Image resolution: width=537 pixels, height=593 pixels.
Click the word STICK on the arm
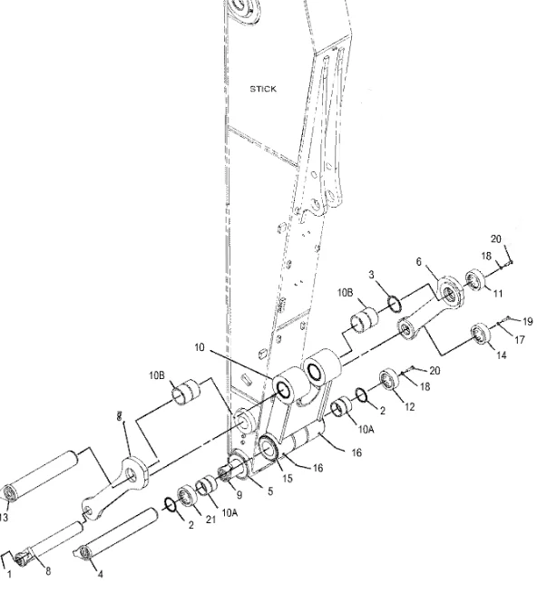[x=262, y=89]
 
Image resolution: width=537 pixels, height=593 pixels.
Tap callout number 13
[x=5, y=518]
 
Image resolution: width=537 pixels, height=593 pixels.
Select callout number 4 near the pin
[x=99, y=573]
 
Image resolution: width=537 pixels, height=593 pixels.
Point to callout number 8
[x=48, y=570]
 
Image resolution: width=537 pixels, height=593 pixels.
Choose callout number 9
[x=239, y=494]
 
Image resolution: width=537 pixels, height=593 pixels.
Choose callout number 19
[x=528, y=321]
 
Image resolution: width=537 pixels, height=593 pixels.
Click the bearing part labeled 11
[x=477, y=280]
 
